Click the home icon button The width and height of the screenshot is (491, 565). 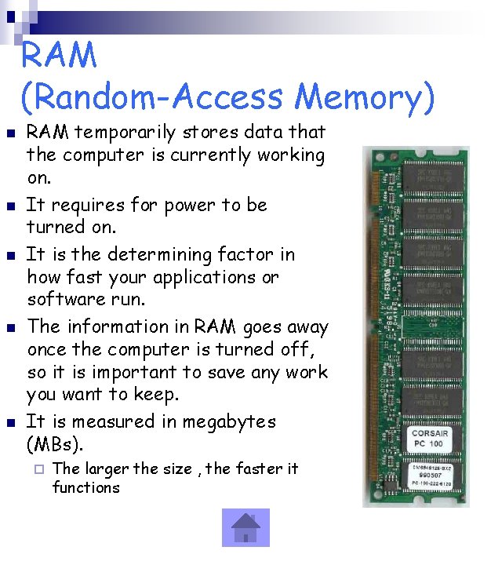[x=245, y=527]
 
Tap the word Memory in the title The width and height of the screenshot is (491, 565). [x=365, y=97]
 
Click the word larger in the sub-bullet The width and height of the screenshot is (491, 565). [x=107, y=469]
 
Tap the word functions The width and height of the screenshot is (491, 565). [x=86, y=487]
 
